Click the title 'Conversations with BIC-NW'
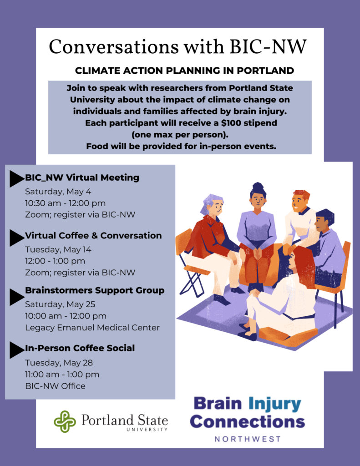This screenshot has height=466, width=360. (x=178, y=47)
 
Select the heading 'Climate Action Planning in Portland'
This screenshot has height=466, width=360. (x=184, y=71)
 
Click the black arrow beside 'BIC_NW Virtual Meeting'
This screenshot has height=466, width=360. (x=16, y=179)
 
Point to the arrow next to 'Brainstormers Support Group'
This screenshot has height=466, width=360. (x=16, y=297)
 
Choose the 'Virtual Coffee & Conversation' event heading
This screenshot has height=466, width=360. (x=93, y=235)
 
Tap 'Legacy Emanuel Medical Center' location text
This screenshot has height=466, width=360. (x=92, y=328)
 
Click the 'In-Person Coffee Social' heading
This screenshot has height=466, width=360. (x=80, y=348)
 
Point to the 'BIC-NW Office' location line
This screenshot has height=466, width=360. (x=55, y=386)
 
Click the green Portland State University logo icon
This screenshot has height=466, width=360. (x=65, y=421)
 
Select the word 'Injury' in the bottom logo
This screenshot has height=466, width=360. (x=274, y=404)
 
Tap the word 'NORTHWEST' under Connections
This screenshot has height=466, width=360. (x=248, y=439)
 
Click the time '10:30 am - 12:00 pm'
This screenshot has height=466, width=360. (x=66, y=203)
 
